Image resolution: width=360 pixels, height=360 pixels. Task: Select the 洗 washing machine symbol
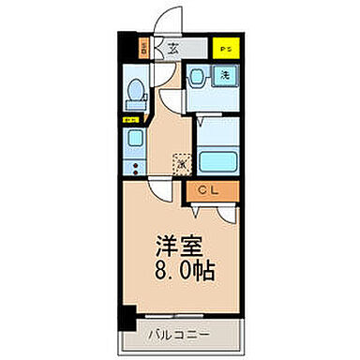225,75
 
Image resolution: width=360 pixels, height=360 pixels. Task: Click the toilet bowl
135,92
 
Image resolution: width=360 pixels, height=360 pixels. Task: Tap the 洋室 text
179,247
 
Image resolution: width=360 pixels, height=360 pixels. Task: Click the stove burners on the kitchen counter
134,168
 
